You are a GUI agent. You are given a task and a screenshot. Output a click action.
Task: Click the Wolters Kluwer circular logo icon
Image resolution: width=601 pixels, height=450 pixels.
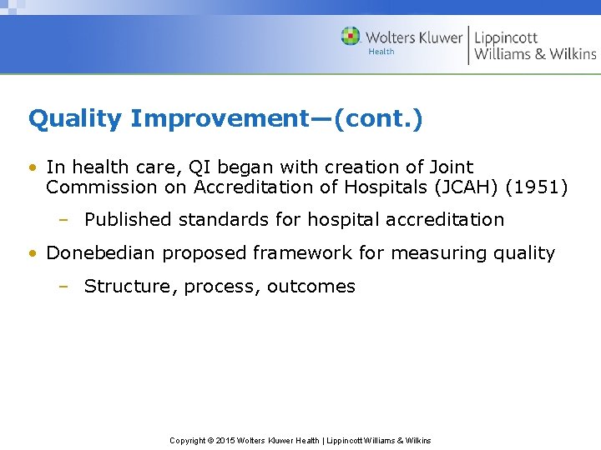(x=351, y=37)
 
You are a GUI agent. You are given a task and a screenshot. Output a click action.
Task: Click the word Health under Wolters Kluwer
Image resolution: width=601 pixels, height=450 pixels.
(x=381, y=52)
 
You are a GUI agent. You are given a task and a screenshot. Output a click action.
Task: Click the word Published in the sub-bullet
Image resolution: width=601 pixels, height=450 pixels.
(x=127, y=220)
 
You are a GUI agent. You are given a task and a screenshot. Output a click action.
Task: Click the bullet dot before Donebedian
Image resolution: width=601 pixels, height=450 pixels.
(x=32, y=253)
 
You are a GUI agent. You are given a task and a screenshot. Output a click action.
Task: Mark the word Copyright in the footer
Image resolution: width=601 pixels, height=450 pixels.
(x=188, y=440)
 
